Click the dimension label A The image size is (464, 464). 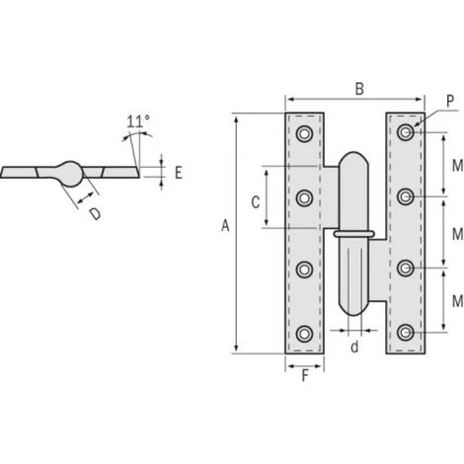[x=225, y=226]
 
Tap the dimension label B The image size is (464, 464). [x=359, y=89]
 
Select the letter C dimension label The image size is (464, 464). [x=256, y=202]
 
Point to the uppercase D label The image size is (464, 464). [x=96, y=214]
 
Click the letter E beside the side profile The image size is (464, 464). [x=179, y=173]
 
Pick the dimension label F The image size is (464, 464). [x=305, y=376]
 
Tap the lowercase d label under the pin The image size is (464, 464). [x=354, y=347]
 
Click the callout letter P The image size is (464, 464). [x=450, y=101]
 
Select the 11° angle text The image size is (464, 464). [x=138, y=121]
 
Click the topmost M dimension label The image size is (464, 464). [x=457, y=166]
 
